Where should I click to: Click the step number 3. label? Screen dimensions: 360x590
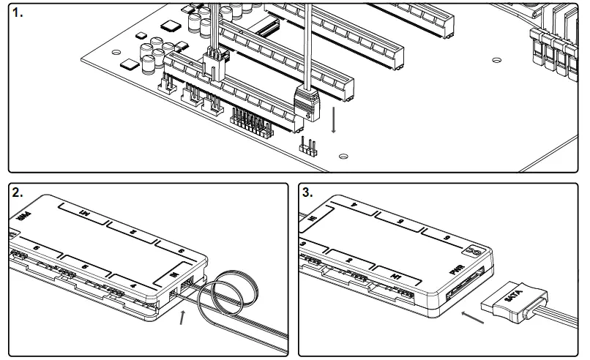308,192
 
